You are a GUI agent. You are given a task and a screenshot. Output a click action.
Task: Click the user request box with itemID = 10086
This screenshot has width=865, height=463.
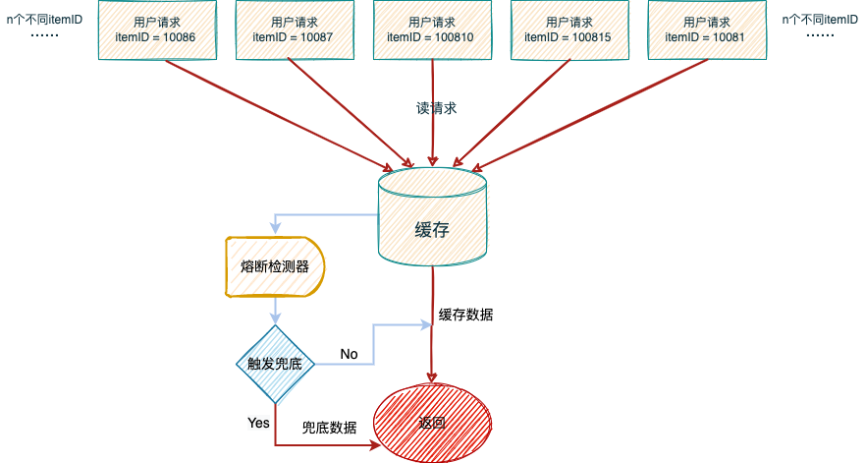click(x=157, y=29)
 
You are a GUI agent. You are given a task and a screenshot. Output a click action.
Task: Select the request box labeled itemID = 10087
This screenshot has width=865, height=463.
click(x=295, y=29)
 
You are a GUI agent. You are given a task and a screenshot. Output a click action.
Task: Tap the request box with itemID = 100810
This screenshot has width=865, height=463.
click(x=432, y=29)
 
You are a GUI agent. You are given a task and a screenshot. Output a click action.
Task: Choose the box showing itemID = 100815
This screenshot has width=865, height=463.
click(x=569, y=29)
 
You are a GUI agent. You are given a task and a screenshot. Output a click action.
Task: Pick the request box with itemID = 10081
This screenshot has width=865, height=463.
click(x=707, y=29)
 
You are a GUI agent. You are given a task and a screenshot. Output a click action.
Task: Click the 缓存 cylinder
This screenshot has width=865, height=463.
click(x=432, y=217)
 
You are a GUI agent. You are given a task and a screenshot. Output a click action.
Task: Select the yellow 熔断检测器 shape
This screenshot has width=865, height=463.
click(x=275, y=267)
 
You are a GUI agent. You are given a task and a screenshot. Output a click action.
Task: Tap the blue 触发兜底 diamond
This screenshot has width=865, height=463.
click(x=275, y=364)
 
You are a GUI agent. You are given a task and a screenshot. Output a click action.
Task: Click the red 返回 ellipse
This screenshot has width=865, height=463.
click(x=432, y=424)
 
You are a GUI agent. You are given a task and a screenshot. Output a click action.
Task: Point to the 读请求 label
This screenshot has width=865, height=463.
click(x=436, y=108)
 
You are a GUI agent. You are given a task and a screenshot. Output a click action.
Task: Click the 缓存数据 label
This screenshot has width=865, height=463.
click(x=465, y=315)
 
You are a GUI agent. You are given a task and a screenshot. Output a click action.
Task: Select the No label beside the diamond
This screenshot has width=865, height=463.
click(x=349, y=354)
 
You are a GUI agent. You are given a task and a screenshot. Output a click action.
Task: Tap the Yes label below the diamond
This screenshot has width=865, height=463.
click(x=258, y=424)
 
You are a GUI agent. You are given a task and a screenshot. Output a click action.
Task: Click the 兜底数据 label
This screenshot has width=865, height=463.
click(x=329, y=428)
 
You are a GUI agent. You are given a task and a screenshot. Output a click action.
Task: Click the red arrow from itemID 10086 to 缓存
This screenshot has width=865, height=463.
click(x=279, y=115)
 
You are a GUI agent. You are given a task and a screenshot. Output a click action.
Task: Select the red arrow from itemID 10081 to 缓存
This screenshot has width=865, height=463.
click(x=590, y=115)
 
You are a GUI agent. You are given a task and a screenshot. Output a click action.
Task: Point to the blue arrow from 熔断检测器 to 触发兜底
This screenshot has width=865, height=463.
click(x=275, y=311)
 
